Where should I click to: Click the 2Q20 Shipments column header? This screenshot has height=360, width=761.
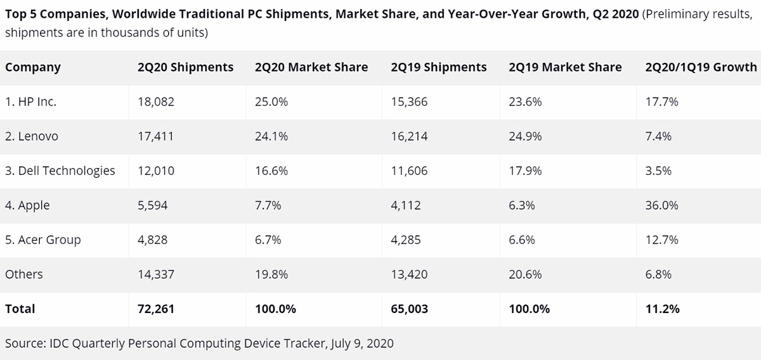tap(185, 67)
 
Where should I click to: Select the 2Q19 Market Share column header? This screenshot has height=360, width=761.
tap(565, 67)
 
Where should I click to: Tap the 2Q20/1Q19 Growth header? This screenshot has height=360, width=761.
tap(701, 67)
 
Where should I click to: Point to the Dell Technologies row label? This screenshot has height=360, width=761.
tap(60, 171)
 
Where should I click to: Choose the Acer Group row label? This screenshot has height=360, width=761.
tap(43, 240)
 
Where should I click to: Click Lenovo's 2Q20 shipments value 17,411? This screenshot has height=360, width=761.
tap(155, 136)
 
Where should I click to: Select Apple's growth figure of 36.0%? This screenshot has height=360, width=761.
tap(661, 205)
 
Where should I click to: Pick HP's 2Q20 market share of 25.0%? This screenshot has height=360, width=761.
tap(271, 102)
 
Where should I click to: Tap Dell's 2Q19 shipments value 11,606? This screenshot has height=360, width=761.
tap(410, 171)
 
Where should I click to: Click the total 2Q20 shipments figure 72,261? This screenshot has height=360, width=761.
tap(156, 309)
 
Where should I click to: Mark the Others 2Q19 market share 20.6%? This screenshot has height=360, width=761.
tap(526, 274)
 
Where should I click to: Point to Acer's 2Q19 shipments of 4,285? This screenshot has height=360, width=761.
tap(406, 240)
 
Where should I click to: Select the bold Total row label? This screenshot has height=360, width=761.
tap(20, 309)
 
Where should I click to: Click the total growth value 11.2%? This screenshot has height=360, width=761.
tap(662, 309)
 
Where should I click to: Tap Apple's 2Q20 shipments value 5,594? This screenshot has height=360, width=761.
tap(152, 205)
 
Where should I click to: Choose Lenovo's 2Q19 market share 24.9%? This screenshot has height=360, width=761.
tap(525, 136)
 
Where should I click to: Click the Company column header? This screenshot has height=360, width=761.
tap(33, 67)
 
